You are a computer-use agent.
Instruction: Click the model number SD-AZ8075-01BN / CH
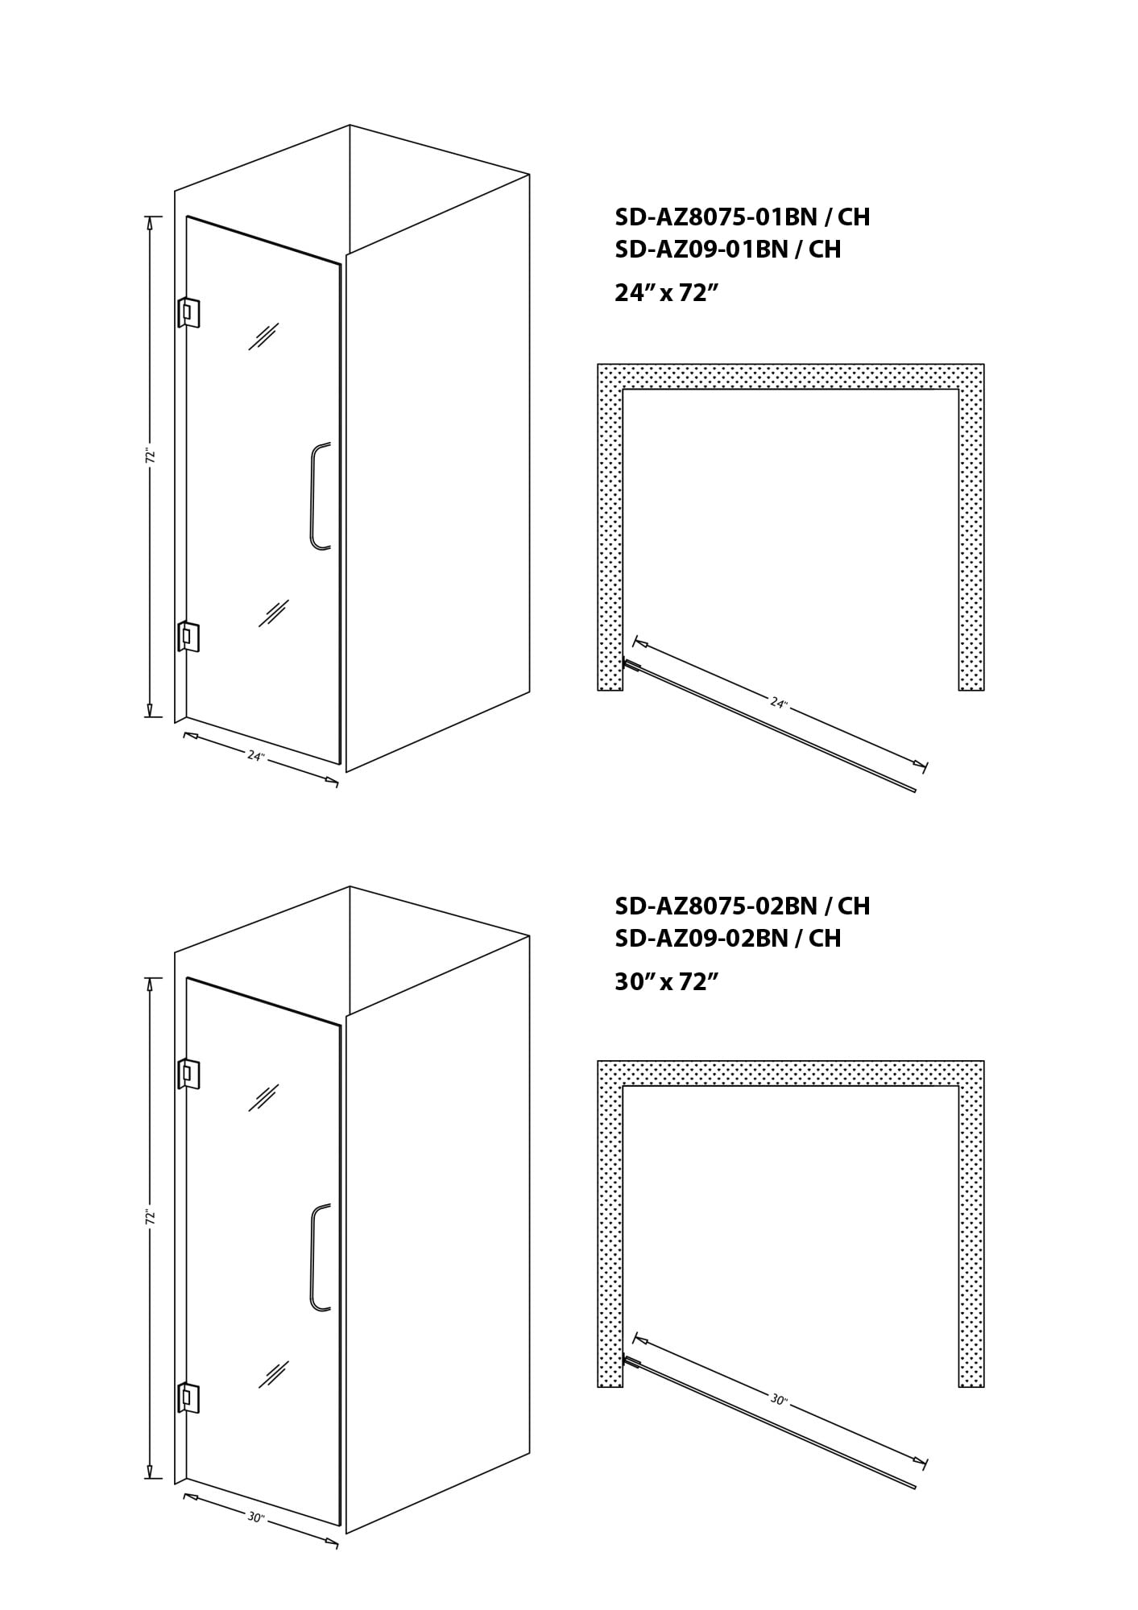[742, 217]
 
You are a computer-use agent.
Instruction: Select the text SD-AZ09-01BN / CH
[727, 250]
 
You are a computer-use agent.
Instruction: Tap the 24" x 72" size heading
[665, 292]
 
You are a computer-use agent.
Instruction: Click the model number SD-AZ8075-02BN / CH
[742, 906]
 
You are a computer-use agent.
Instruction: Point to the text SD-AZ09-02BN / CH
[727, 938]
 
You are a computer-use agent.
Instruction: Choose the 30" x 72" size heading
[665, 981]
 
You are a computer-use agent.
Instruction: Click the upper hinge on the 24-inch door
[188, 313]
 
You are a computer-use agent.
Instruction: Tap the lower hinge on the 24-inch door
[188, 637]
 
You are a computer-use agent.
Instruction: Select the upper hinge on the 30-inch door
[188, 1074]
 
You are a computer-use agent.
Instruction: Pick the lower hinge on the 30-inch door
[188, 1398]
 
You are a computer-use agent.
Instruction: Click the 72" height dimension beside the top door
[149, 456]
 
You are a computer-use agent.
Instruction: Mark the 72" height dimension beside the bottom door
[149, 1216]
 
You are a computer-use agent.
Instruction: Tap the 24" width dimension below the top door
[256, 756]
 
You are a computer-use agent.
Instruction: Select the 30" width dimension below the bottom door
[256, 1517]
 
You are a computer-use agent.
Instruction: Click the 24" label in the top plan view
[779, 703]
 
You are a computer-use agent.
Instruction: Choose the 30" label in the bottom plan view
[779, 1400]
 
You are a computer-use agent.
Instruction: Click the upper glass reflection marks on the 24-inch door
[263, 336]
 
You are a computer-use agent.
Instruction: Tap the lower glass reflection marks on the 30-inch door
[274, 1375]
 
